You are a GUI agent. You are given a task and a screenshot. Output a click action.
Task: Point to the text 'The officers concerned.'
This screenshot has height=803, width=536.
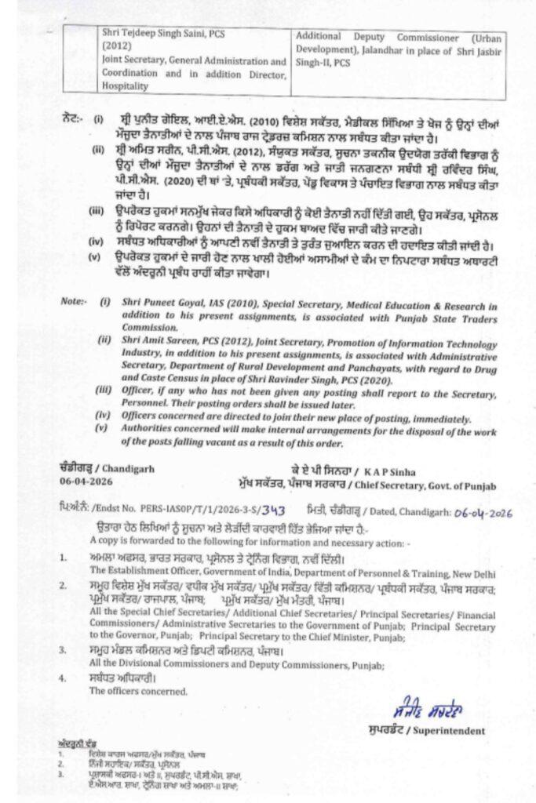click(138, 691)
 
